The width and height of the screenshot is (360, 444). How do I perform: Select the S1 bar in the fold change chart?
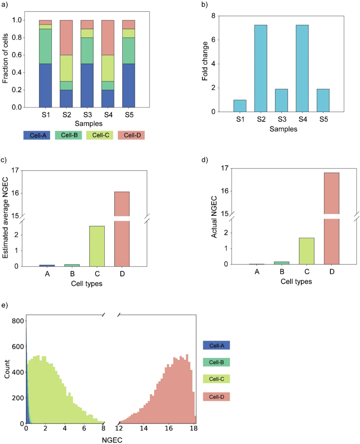tap(239, 106)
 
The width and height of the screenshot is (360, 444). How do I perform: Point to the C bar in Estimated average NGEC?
tap(97, 246)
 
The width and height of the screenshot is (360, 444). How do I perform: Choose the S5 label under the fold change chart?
tap(325, 120)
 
